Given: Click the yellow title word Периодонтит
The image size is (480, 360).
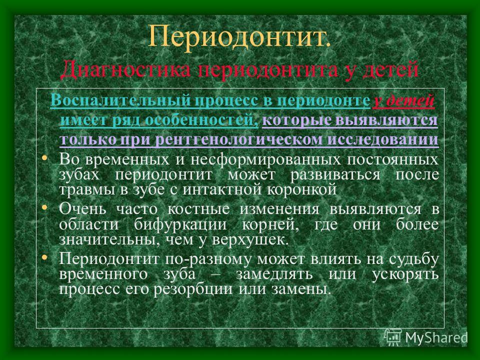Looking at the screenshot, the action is point(239,36).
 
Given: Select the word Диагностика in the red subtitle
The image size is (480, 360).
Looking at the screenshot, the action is point(125,69).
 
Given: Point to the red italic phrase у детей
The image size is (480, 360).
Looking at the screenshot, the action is point(403,100).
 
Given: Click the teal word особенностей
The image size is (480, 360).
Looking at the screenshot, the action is point(201,120).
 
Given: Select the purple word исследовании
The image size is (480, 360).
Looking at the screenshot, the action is point(383,139).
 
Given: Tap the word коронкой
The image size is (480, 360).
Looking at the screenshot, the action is point(302,189).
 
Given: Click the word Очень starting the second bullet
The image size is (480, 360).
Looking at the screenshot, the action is point(82,209).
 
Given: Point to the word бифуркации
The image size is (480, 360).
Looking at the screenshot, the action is point(180,224).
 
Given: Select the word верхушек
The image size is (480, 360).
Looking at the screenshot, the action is point(250,239).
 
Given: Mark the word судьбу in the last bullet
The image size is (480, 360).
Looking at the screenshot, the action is point(413,259).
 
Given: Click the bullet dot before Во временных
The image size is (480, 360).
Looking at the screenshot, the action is point(44,158).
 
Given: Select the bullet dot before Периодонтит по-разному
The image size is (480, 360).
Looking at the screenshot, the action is point(44,257).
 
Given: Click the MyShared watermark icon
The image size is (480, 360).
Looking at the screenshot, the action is point(393,337).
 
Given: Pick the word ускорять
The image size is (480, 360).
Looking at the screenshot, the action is point(405,274).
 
